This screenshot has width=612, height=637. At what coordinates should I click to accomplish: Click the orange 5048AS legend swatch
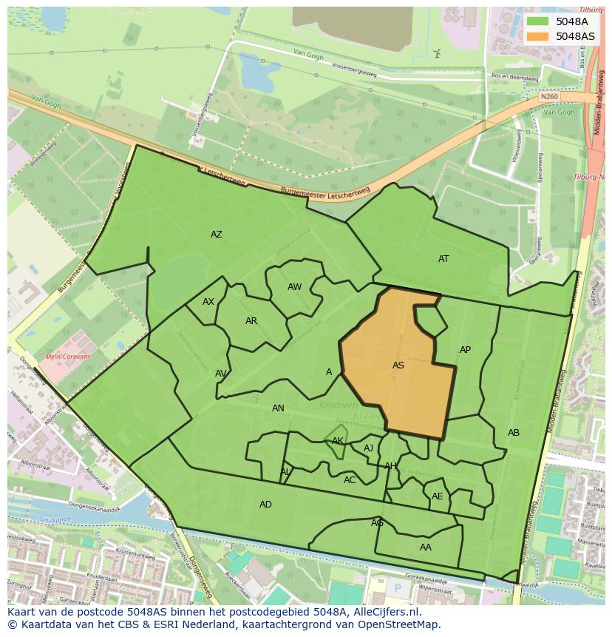click(x=539, y=36)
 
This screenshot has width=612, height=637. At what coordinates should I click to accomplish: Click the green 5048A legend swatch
click(x=539, y=21)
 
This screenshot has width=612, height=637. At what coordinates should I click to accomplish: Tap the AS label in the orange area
click(x=398, y=365)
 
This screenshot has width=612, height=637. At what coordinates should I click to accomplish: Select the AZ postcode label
click(x=217, y=235)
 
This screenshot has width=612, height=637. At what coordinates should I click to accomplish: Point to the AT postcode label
click(x=443, y=259)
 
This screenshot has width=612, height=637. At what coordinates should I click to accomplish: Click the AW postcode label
click(x=295, y=287)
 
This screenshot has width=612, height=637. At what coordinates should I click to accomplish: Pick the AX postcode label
click(x=208, y=302)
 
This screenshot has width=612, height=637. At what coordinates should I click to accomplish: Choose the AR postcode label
click(x=251, y=321)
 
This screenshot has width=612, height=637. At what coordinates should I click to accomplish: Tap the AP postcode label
click(x=465, y=350)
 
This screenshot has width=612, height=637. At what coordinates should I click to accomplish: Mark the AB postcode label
click(x=514, y=433)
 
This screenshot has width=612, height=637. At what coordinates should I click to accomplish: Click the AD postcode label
click(x=265, y=505)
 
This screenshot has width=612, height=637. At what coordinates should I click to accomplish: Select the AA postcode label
click(x=426, y=547)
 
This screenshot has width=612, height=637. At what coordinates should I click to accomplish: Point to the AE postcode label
click(x=438, y=496)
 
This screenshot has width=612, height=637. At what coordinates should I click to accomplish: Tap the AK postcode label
click(x=338, y=441)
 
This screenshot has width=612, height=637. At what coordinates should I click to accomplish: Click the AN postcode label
click(x=278, y=408)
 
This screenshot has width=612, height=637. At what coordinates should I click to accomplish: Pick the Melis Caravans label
click(x=68, y=357)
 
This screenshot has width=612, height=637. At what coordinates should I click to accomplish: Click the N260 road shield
click(x=548, y=96)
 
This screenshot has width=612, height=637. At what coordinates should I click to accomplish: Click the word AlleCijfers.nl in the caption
click(x=384, y=612)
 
